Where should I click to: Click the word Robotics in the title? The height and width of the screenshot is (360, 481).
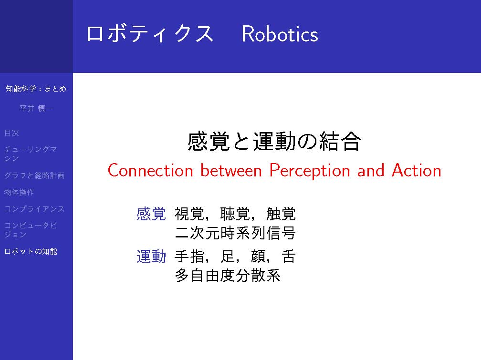pos(280,34)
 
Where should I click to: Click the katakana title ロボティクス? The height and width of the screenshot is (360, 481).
pos(150,34)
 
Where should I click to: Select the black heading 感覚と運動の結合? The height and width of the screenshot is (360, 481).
pos(274,141)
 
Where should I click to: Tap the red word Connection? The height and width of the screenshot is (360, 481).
pos(150,171)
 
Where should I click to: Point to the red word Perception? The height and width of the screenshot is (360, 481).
pos(310,171)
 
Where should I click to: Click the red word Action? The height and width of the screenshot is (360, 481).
pos(417,171)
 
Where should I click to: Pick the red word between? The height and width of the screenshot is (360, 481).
pos(231,171)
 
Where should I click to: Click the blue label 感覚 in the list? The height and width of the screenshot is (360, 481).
pos(151,214)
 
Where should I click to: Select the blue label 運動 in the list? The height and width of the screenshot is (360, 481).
pos(151,257)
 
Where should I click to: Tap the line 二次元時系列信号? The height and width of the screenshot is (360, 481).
pos(235,233)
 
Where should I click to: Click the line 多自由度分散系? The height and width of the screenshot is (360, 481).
pos(228,275)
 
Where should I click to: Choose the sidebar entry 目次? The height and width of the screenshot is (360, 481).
pos(11,133)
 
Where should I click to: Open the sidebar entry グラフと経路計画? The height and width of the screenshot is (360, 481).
pos(34,175)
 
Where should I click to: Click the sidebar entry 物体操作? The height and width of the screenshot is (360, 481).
pos(19,192)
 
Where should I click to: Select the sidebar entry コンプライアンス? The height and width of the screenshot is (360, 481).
pos(34,209)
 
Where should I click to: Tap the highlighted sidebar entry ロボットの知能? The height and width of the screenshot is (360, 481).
pos(31,251)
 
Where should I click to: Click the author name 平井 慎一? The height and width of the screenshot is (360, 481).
pos(36,108)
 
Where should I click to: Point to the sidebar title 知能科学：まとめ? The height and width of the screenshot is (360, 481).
pos(36,89)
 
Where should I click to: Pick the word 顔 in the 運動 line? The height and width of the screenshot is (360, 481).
pos(258,257)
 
